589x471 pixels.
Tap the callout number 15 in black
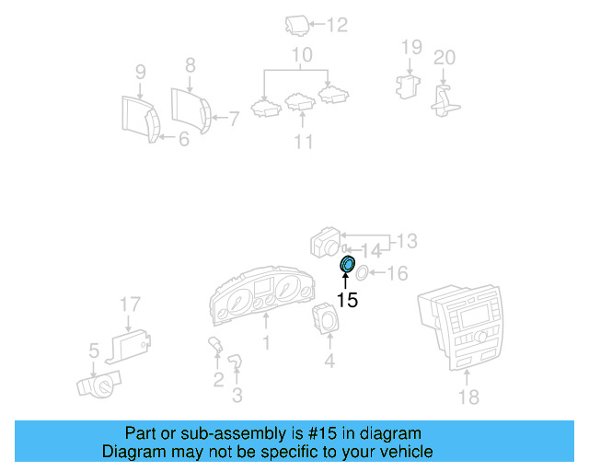[347, 300]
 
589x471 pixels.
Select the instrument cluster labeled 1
[262, 294]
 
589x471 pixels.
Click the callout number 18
[468, 396]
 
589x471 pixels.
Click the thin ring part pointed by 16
[362, 272]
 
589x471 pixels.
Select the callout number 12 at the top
[337, 25]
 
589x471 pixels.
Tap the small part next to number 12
[296, 26]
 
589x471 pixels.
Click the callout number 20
[445, 57]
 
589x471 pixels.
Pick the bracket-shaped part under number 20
[445, 100]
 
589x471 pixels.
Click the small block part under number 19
[408, 86]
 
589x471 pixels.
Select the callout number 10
[302, 55]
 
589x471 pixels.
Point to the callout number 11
[303, 142]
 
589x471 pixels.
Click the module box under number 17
[129, 346]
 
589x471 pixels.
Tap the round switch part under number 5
[99, 385]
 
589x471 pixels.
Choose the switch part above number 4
[325, 318]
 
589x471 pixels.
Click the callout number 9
[140, 72]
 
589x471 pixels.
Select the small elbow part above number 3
[236, 361]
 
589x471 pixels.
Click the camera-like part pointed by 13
[325, 242]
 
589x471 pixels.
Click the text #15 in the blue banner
[322, 433]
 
